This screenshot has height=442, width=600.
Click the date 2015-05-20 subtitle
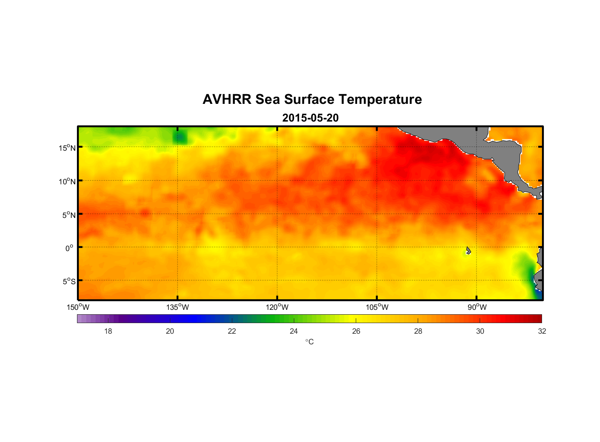tap(310, 118)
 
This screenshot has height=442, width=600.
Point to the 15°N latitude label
tap(67, 148)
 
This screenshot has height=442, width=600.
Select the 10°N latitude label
tap(67, 181)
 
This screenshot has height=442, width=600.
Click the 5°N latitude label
tap(69, 215)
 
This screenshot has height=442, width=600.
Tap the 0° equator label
tap(69, 248)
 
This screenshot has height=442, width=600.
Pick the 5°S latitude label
tap(69, 282)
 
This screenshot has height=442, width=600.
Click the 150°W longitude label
tap(78, 307)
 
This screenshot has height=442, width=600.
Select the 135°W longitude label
tap(178, 307)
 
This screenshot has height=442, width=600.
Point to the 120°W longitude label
tap(277, 307)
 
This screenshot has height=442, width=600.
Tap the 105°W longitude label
tap(377, 307)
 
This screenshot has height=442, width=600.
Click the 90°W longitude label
tap(477, 307)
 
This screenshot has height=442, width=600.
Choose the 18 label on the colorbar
tap(108, 331)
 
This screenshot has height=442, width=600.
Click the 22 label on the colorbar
tap(232, 331)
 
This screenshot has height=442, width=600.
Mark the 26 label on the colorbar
tap(356, 331)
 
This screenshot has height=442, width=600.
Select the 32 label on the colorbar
tap(542, 331)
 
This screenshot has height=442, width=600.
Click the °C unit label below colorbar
tap(309, 342)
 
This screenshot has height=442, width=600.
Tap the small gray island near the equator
tap(468, 251)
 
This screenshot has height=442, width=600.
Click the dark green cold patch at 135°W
tap(180, 138)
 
